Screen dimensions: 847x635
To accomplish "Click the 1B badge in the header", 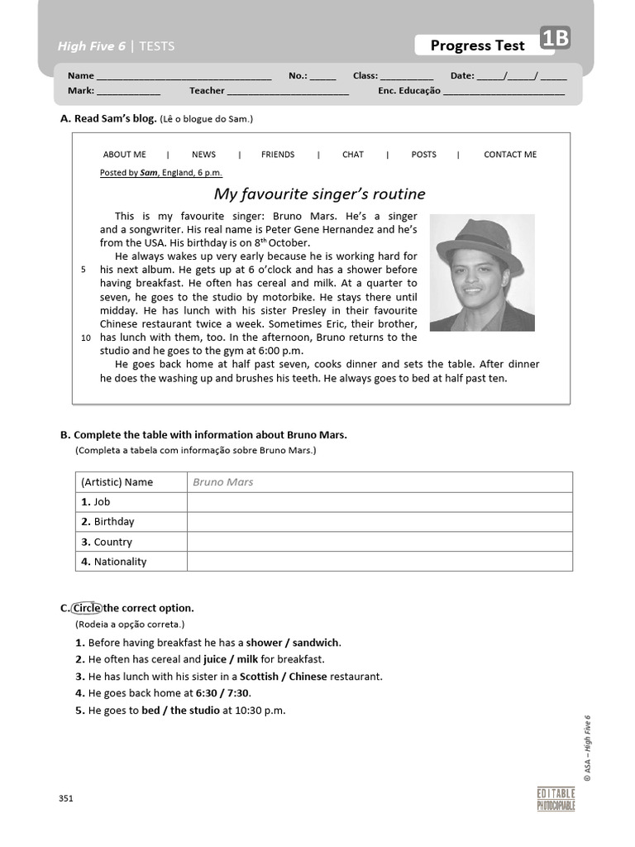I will [x=555, y=39].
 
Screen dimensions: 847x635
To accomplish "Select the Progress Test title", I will [x=477, y=45].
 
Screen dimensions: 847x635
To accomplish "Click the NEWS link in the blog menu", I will [x=203, y=155].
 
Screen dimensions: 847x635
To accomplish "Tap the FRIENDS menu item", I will [x=277, y=155].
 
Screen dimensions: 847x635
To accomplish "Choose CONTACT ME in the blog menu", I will [x=509, y=155].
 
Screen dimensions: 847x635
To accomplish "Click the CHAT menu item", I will [x=352, y=155].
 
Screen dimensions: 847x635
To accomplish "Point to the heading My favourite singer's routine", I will [x=319, y=194].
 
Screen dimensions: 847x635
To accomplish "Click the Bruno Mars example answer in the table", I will [x=223, y=482].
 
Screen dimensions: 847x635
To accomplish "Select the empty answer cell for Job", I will [x=379, y=502].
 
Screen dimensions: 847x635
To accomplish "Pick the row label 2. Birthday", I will [x=107, y=522].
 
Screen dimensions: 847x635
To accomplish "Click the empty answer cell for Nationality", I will [x=379, y=562].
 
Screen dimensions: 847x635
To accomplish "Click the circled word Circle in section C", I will [x=86, y=608].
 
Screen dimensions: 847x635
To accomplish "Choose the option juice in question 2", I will [x=215, y=659].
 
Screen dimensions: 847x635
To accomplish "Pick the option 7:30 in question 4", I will [x=238, y=693].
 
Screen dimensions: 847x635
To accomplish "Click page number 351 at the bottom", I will [x=66, y=798].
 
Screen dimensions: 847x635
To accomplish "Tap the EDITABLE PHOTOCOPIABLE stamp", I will [x=556, y=799].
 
